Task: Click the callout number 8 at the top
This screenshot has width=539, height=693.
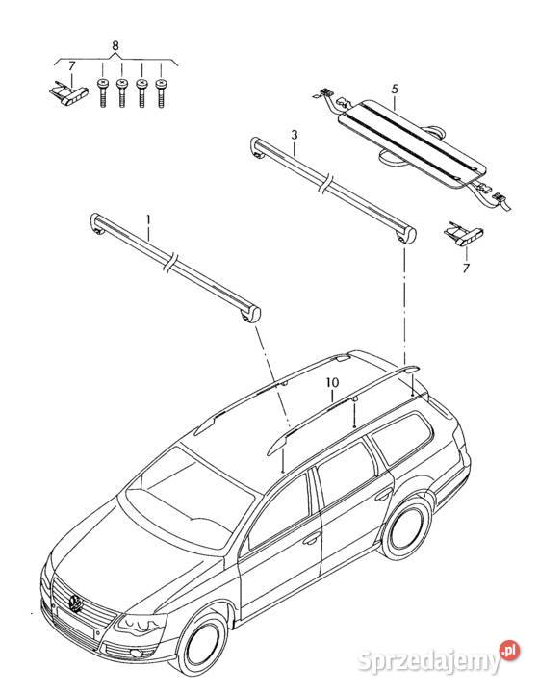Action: click(115, 46)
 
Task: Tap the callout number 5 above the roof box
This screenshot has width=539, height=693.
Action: click(395, 89)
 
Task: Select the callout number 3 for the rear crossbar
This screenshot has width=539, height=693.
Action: click(295, 135)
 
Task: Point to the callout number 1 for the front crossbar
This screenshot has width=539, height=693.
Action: click(148, 219)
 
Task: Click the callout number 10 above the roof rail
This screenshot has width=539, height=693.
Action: click(332, 382)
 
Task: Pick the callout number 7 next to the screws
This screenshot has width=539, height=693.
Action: click(72, 65)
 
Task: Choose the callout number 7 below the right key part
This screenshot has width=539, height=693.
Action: click(466, 268)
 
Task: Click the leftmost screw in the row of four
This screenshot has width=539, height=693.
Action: click(103, 92)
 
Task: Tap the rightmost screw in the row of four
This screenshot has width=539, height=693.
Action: click(162, 92)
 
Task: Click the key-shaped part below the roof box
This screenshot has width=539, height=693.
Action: click(464, 233)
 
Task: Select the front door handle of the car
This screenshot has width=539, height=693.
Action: click(312, 538)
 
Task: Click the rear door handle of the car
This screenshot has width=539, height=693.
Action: click(383, 494)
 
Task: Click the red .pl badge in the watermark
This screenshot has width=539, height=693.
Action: click(510, 651)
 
